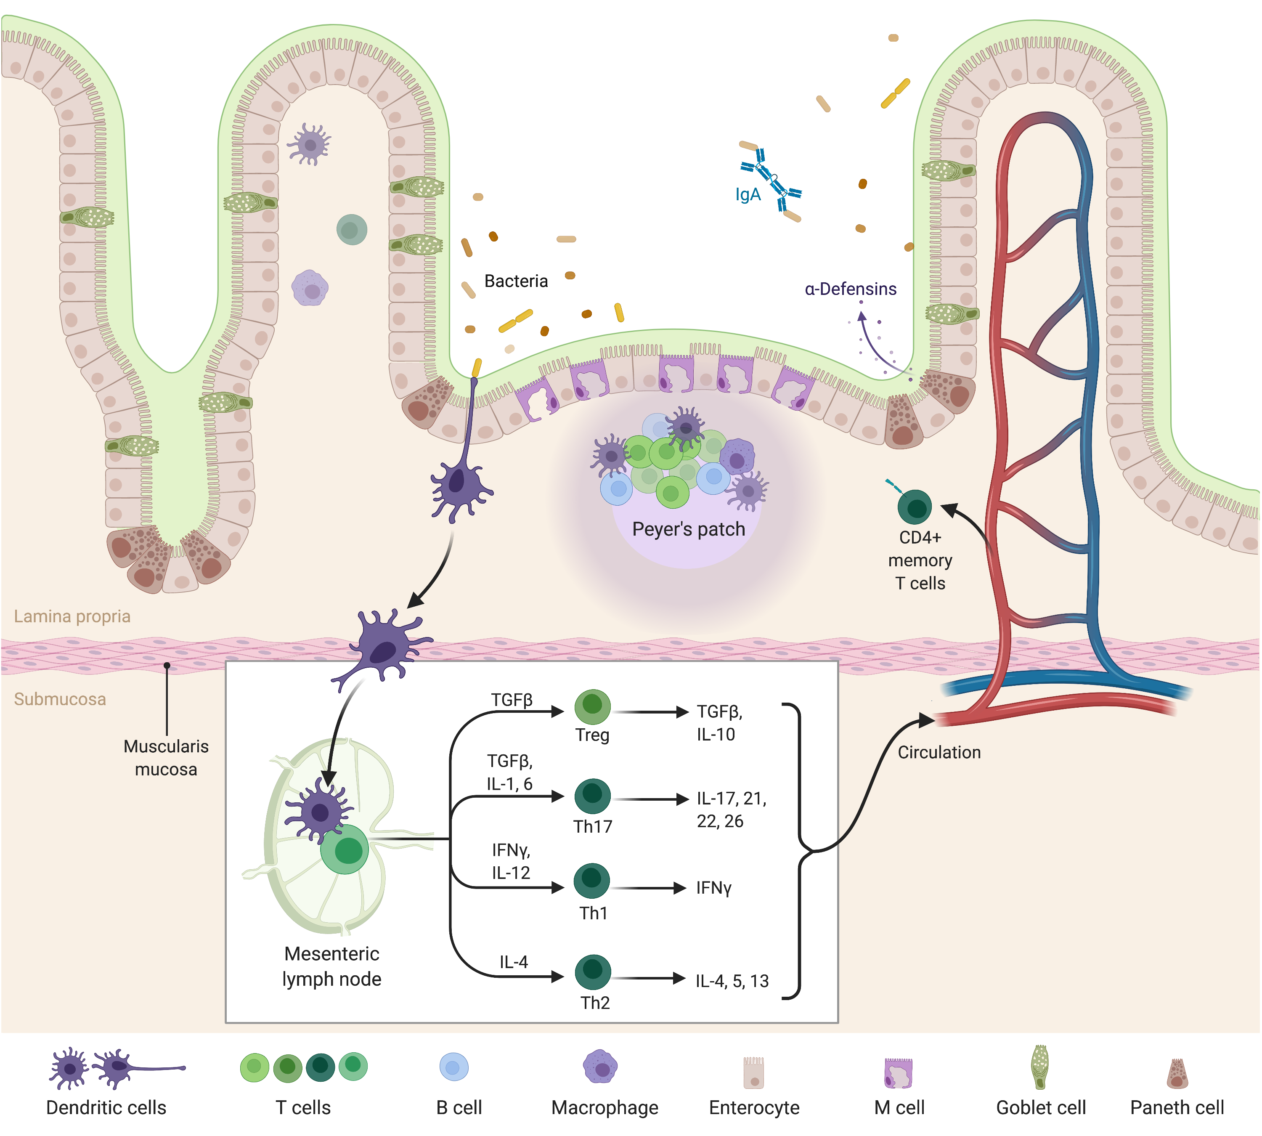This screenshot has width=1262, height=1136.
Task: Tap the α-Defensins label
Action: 850,289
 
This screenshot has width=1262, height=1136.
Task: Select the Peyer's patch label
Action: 688,529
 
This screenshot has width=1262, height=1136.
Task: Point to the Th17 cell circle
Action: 592,795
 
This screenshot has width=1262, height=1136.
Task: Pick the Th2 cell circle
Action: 592,972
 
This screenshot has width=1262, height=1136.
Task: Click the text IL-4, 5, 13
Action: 732,981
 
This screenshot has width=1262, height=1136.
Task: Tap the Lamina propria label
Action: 72,617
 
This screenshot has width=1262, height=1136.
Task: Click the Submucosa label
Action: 60,699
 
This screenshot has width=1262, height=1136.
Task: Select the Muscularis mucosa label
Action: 166,758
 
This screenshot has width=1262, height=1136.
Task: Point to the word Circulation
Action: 939,752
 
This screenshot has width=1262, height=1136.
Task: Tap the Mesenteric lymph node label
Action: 331,966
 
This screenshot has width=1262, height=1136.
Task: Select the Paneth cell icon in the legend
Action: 1177,1074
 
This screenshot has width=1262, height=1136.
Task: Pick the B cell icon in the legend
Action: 454,1067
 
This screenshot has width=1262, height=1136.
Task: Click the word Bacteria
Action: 516,281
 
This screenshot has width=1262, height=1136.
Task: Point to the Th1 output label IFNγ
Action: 713,888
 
